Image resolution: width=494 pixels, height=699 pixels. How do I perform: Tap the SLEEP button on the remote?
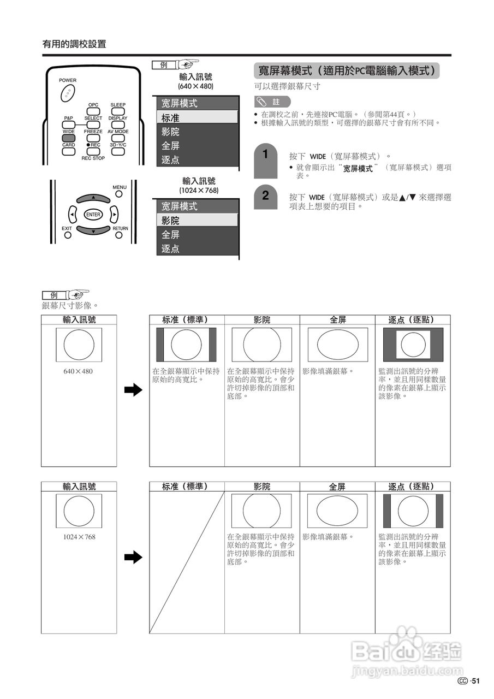pyautogui.click(x=118, y=111)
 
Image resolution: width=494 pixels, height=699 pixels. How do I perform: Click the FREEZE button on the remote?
pyautogui.click(x=93, y=138)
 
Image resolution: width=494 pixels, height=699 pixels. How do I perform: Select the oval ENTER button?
pyautogui.click(x=93, y=215)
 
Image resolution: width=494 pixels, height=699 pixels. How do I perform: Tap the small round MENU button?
pyautogui.click(x=119, y=194)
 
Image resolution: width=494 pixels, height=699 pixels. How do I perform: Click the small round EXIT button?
pyautogui.click(x=67, y=235)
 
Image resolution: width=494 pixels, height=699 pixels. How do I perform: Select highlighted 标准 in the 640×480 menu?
pyautogui.click(x=198, y=117)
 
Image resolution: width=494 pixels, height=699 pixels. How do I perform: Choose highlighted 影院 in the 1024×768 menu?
pyautogui.click(x=198, y=221)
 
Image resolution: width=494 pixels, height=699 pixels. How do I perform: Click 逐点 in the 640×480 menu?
pyautogui.click(x=198, y=160)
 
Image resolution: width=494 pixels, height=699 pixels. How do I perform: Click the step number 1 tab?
pyautogui.click(x=265, y=155)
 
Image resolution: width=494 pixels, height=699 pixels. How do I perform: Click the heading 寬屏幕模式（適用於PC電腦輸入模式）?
pyautogui.click(x=347, y=71)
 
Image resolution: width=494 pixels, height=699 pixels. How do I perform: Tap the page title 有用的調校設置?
pyautogui.click(x=74, y=44)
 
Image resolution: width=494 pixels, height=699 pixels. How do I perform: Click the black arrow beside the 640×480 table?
pyautogui.click(x=133, y=390)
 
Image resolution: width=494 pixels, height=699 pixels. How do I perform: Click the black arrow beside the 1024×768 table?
pyautogui.click(x=133, y=557)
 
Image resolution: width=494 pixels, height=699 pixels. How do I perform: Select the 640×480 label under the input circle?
pyautogui.click(x=79, y=371)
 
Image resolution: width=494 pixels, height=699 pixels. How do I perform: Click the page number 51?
pyautogui.click(x=475, y=680)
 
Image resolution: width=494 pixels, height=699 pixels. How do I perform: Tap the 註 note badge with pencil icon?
pyautogui.click(x=272, y=102)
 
